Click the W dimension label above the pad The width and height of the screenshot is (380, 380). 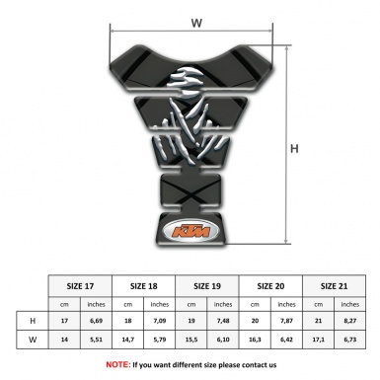coord(195,20)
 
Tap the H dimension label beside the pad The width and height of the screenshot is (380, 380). coord(293,149)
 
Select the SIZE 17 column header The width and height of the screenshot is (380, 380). coord(81,284)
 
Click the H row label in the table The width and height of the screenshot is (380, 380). coord(33,322)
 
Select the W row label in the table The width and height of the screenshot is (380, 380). coord(33,341)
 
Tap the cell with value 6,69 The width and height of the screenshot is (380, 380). coord(97,322)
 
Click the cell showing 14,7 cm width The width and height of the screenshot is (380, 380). coord(129,341)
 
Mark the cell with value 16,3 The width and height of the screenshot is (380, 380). coord(257,341)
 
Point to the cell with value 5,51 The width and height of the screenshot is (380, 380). coord(97,341)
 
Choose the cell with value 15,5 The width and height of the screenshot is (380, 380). coord(193,341)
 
